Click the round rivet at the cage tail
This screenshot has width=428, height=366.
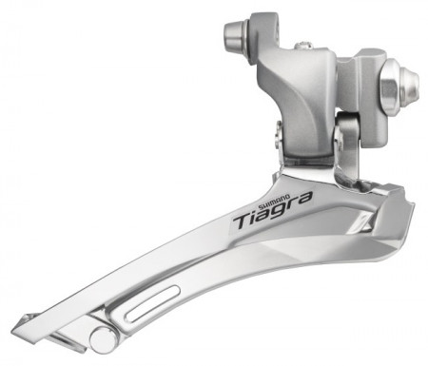pyautogui.click(x=103, y=337)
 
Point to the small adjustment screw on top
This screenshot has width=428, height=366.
pyautogui.click(x=302, y=46)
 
